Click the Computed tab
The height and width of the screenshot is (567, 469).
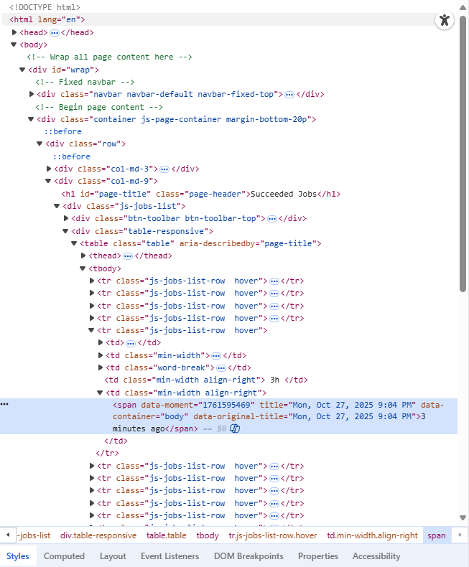[x=64, y=556]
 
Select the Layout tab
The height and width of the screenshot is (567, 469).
[x=113, y=556]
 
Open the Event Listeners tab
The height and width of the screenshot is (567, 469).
[x=170, y=556]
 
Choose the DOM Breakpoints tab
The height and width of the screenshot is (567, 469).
[x=249, y=556]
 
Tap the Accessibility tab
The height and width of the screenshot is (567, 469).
[x=376, y=556]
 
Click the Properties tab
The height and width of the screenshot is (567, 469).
[x=318, y=556]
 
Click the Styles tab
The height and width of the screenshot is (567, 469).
[x=18, y=556]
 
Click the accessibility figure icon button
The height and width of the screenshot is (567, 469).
[x=445, y=20]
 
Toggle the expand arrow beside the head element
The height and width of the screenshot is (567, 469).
[x=14, y=32]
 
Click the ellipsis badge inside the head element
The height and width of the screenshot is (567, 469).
[x=55, y=33]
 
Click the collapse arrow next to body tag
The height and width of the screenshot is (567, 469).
[x=14, y=44]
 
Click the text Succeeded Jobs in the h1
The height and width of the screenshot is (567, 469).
[x=284, y=194]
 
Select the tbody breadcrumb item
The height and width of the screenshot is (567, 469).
[x=208, y=535]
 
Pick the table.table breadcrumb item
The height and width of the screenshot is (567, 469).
[x=167, y=535]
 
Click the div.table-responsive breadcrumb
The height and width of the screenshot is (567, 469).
[x=98, y=535]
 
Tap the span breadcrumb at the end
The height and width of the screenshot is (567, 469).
[x=437, y=535]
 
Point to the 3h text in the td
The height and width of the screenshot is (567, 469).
[x=274, y=380]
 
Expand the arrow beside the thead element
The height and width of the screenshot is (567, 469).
[x=83, y=256]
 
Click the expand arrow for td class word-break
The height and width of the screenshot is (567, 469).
[x=101, y=367]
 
